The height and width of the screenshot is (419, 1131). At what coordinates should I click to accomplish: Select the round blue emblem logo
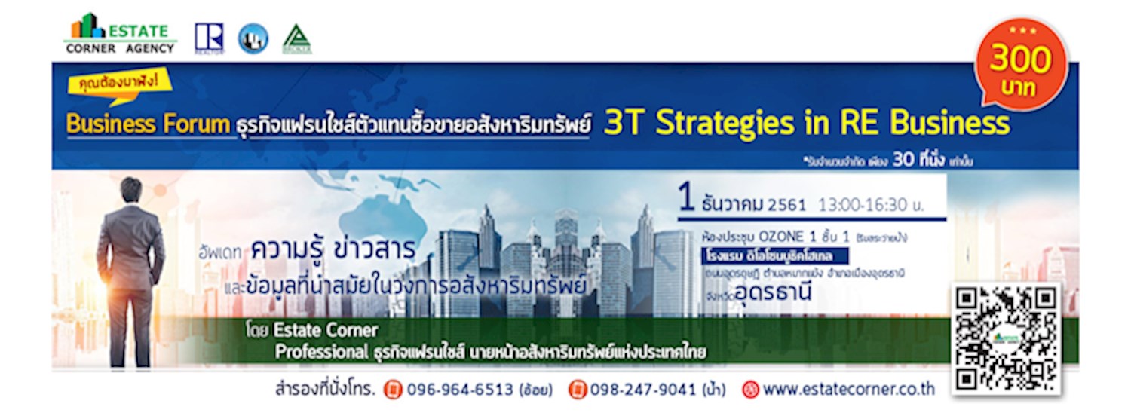tap(253, 38)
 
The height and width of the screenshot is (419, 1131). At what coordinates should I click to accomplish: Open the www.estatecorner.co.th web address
tap(848, 390)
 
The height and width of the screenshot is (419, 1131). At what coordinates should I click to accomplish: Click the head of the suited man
tap(130, 189)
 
